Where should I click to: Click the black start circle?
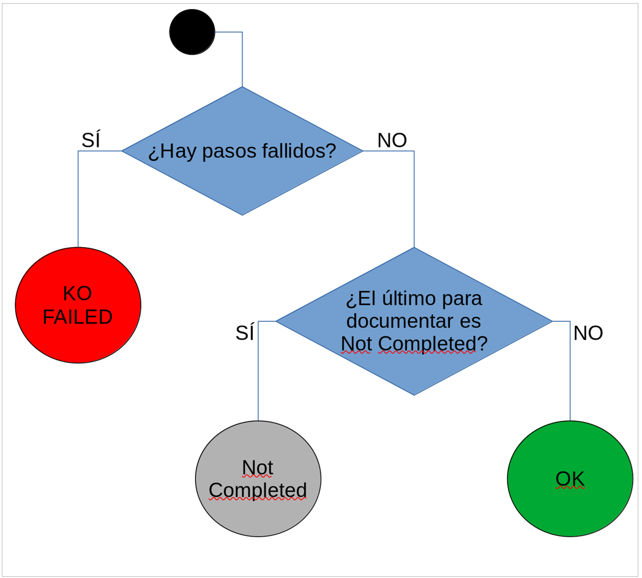tap(192, 32)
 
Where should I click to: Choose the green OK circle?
tap(570, 508)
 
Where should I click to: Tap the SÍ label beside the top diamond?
tap(91, 141)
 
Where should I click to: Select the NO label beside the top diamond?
tap(392, 141)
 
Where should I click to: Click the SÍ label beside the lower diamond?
tap(245, 333)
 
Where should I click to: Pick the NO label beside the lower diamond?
tap(588, 333)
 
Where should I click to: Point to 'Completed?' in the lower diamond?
tap(433, 344)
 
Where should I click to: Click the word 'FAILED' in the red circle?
tap(78, 317)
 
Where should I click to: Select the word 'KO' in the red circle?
tap(78, 294)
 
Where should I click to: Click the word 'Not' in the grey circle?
tap(257, 467)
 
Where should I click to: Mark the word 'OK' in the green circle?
tap(570, 479)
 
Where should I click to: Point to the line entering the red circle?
tap(78, 202)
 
